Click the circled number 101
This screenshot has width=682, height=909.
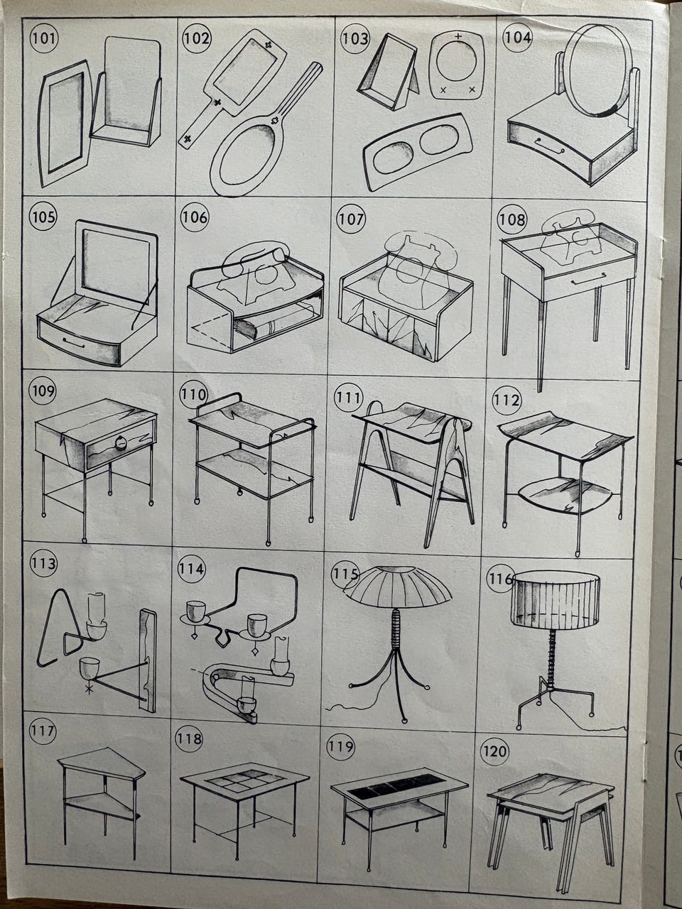(44, 38)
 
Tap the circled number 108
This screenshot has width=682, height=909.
(512, 219)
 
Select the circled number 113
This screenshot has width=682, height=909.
(43, 564)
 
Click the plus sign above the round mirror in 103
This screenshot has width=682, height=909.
(458, 36)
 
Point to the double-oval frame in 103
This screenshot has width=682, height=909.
(418, 153)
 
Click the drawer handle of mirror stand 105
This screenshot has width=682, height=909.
(74, 343)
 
